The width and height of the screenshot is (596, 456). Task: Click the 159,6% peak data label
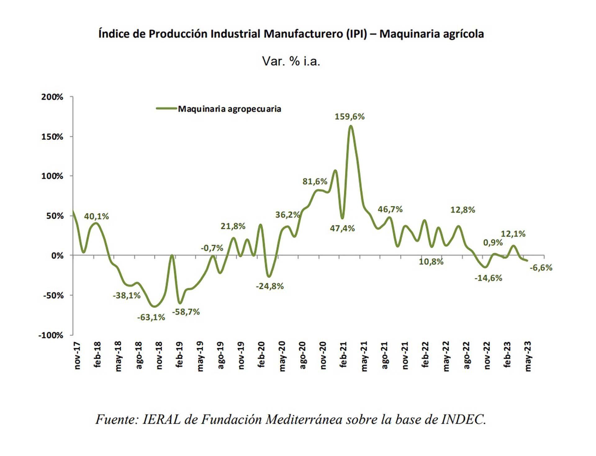350,117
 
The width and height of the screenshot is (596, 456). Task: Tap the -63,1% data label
151,317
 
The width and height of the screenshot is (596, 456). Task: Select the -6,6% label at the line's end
541,268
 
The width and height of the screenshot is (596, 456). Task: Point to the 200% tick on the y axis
52,97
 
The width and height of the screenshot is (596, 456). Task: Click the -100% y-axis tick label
51,335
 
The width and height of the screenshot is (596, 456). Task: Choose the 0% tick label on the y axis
57,256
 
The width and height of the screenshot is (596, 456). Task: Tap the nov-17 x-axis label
77,356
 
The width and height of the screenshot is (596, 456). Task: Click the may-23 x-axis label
528,356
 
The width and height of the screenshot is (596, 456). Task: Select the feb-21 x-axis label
343,355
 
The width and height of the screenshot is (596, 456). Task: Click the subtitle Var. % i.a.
291,61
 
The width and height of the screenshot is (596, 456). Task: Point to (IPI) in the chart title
357,34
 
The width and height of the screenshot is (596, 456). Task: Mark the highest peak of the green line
351,126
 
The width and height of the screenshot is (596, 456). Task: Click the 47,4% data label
342,228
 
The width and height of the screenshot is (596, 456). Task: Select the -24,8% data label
269,286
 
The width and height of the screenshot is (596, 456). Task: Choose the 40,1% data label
97,216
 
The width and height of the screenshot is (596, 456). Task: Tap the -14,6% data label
488,278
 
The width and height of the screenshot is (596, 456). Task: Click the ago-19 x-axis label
221,355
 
